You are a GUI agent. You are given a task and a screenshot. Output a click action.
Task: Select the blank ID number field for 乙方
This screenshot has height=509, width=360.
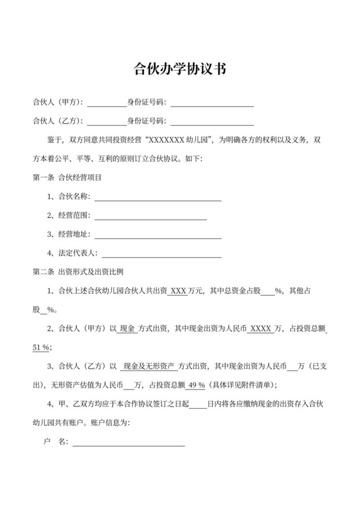click(x=212, y=121)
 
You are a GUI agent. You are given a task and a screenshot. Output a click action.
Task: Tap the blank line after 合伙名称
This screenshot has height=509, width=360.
click(x=157, y=199)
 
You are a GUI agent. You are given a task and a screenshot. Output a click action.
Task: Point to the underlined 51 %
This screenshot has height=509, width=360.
click(x=41, y=348)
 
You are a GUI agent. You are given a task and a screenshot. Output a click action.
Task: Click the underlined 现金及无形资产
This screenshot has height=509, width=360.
click(x=150, y=367)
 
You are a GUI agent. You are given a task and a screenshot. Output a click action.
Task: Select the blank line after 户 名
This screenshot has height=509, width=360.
click(x=129, y=443)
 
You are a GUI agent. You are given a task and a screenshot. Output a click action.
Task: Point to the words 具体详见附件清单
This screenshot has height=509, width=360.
click(x=243, y=385)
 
